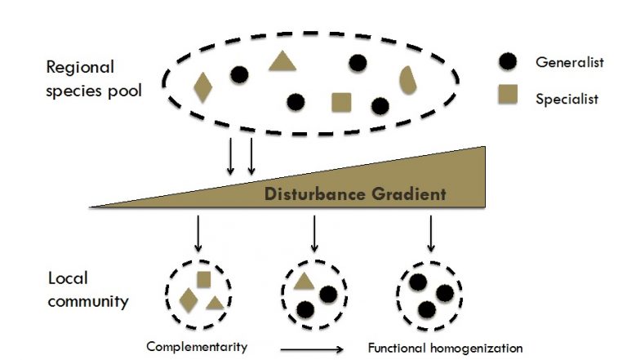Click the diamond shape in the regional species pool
(202, 87)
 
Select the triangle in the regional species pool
(282, 61)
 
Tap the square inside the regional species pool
(341, 102)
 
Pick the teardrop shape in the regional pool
(409, 79)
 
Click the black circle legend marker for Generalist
(508, 62)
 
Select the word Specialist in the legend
(567, 99)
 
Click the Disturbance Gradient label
(355, 194)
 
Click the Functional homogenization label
(445, 348)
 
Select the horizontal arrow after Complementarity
(315, 349)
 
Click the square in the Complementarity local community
(203, 278)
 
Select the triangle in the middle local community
(304, 282)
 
